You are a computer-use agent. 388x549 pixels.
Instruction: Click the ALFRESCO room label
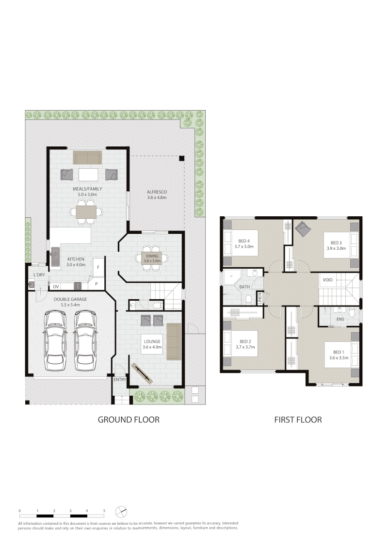click(157, 192)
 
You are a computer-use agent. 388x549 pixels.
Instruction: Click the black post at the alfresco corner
click(181, 158)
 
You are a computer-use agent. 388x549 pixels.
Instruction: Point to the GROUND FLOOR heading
click(129, 420)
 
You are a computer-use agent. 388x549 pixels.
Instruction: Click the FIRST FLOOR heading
click(298, 420)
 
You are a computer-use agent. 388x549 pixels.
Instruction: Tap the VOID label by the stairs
click(328, 280)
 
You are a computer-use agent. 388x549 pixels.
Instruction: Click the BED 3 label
click(336, 242)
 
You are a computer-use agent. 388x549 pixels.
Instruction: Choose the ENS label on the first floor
click(340, 319)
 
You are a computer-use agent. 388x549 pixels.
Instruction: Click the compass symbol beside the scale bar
click(121, 511)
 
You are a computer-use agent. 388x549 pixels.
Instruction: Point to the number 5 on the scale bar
click(104, 511)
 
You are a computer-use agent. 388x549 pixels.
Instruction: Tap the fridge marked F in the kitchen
click(98, 267)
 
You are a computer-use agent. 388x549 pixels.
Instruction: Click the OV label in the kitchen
click(56, 287)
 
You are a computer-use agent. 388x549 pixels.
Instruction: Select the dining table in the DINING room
click(152, 258)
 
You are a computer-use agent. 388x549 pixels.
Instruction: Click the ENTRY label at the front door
click(120, 380)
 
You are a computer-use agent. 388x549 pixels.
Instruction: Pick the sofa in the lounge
click(173, 342)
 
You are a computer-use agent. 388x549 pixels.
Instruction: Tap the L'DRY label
click(39, 275)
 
